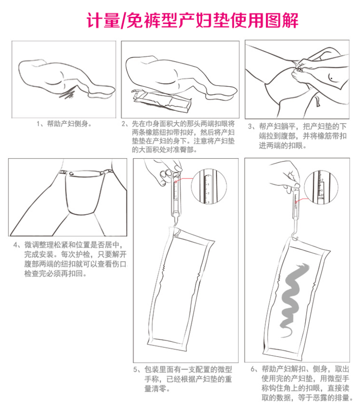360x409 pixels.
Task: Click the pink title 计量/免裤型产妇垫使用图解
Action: click(x=192, y=20)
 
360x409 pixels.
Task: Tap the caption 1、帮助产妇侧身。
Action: click(x=65, y=124)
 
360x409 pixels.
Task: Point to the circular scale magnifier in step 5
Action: click(x=209, y=186)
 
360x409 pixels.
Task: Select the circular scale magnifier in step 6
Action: click(x=321, y=188)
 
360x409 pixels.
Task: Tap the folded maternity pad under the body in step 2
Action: click(x=162, y=102)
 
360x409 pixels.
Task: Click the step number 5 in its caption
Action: click(x=135, y=370)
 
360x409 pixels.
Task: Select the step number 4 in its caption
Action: click(x=15, y=245)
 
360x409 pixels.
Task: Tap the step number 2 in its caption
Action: click(x=124, y=124)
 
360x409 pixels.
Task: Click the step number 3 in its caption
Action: click(x=250, y=127)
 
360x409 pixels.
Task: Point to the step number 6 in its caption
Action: click(x=252, y=369)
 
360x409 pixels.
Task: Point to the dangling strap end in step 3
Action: click(x=318, y=101)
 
